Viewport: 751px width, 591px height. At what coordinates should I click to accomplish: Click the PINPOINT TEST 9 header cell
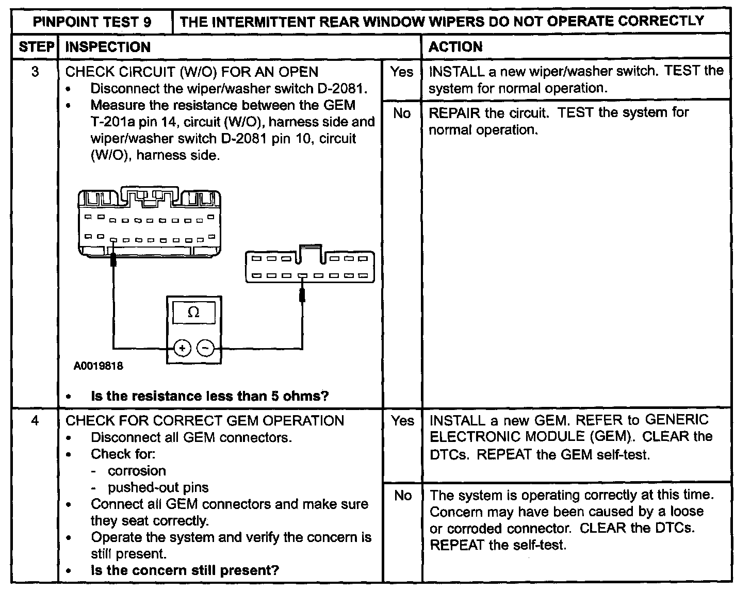coord(92,22)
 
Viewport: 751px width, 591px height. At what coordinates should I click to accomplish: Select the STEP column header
coord(36,47)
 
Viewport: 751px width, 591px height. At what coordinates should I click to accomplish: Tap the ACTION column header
coord(455,47)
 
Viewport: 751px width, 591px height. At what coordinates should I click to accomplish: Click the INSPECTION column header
coord(108,47)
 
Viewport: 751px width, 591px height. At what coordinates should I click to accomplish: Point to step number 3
coord(35,72)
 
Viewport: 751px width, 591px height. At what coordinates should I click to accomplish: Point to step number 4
coord(35,421)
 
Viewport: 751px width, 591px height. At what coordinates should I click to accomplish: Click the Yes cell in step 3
coord(402,72)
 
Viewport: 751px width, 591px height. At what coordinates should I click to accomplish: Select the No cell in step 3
coord(402,113)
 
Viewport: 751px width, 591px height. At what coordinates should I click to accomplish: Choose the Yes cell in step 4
coord(402,421)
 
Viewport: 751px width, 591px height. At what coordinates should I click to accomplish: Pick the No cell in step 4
coord(402,496)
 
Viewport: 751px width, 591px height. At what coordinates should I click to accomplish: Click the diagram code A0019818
coord(99,366)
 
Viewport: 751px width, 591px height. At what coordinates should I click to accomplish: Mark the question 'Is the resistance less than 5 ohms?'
coord(209,396)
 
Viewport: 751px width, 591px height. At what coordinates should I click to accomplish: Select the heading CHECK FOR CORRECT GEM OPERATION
coord(205,421)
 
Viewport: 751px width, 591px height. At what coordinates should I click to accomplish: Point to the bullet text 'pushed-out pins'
coord(158,487)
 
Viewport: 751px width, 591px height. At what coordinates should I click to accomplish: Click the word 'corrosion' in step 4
coord(137,471)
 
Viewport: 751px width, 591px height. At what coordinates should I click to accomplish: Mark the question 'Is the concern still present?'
coord(185,570)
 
